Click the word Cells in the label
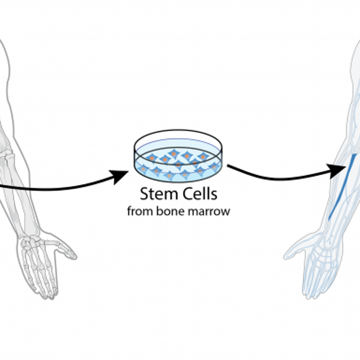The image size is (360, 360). [198, 194]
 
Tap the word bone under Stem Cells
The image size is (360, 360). [168, 211]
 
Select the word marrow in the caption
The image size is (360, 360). [211, 211]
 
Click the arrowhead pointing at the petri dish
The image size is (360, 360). [120, 176]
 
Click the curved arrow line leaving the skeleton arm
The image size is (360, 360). [60, 188]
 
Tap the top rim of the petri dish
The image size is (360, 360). [178, 134]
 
